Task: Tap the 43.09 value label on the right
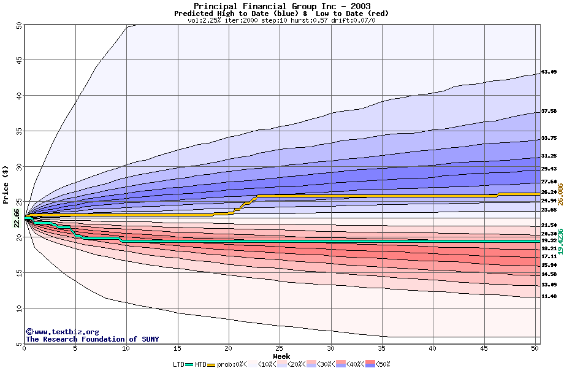(549, 72)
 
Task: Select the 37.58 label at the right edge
(549, 111)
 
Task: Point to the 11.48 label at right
(549, 297)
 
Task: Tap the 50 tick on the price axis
(18, 25)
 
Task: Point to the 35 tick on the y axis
(18, 131)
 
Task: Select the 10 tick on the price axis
(18, 309)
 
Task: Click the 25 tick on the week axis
(280, 349)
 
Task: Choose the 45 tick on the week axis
(484, 349)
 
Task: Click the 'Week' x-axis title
(281, 356)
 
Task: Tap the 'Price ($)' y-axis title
(6, 184)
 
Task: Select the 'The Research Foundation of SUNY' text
(90, 339)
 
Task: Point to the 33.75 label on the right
(549, 138)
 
